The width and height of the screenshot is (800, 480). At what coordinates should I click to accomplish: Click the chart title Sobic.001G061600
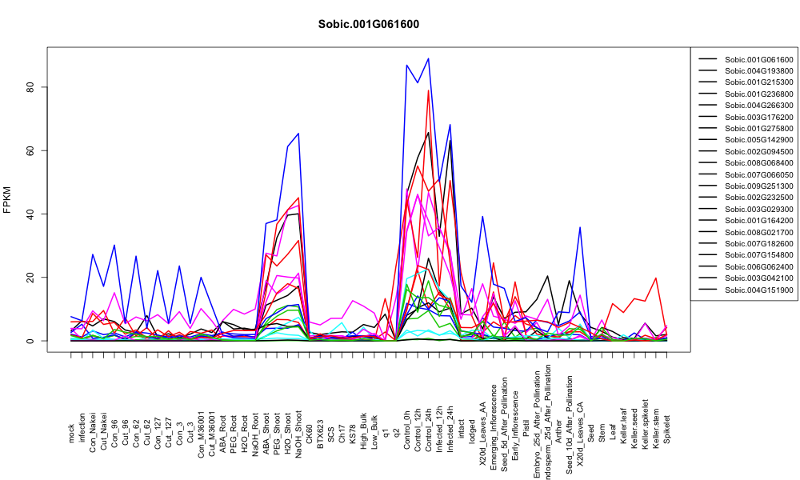tap(368, 24)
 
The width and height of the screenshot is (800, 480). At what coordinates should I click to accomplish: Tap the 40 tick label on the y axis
tap(30, 214)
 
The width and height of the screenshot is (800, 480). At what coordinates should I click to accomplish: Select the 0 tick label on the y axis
tap(30, 340)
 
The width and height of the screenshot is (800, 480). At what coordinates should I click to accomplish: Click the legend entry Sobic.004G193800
tap(758, 71)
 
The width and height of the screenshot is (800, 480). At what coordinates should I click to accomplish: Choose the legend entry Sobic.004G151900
tap(758, 290)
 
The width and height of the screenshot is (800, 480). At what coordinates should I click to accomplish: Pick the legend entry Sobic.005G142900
tap(758, 140)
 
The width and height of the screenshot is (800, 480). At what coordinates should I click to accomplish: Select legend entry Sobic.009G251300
tap(758, 186)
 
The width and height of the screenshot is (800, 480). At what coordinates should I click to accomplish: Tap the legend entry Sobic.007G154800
tap(758, 255)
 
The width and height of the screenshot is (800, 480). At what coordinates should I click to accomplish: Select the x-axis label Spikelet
tap(667, 429)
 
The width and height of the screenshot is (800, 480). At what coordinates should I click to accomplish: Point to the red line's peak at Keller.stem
tap(656, 278)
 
